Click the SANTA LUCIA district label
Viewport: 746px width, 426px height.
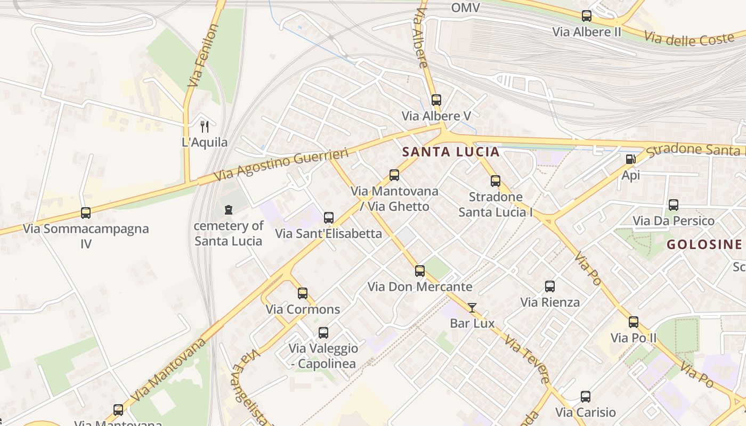coord(451,152)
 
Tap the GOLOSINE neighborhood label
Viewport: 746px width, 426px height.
coord(704,244)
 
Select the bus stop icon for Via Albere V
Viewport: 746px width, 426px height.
coord(436,100)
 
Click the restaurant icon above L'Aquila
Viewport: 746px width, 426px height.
coord(205,126)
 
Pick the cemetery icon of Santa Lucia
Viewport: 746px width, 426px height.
coord(229,210)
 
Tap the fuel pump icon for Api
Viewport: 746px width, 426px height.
coord(630,159)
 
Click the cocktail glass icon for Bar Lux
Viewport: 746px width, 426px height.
coord(472,307)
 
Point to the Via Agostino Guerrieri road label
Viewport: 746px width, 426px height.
coord(281,165)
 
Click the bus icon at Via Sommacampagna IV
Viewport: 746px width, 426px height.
coord(86,213)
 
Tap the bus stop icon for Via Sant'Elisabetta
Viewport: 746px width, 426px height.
coord(329,217)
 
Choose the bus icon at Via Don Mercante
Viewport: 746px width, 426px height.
coord(420,271)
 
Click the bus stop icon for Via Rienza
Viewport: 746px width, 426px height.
coord(550,286)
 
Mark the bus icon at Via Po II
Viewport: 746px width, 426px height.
coord(634,322)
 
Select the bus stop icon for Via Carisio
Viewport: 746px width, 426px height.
coord(586,396)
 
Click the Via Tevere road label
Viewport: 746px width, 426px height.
coord(527,359)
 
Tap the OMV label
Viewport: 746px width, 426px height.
coord(465,7)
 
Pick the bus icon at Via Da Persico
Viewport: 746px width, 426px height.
coord(674,204)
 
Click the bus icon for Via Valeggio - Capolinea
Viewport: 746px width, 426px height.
coord(323,333)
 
